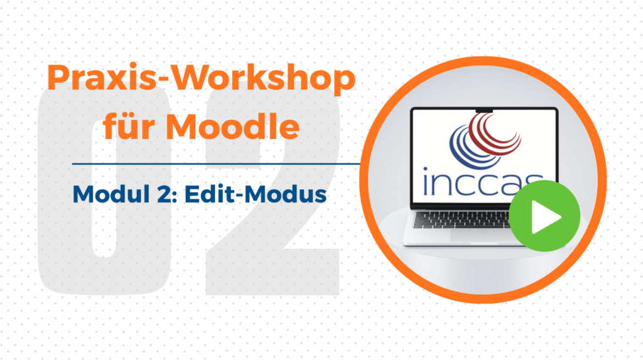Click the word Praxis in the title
point(102,77)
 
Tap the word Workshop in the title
point(263,77)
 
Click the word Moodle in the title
point(233,126)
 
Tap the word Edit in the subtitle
point(209,194)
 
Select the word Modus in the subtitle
point(286,194)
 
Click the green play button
point(544,216)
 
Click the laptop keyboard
point(462,219)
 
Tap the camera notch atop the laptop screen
point(484,110)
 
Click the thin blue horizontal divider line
point(216,164)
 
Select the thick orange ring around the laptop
point(483,60)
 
